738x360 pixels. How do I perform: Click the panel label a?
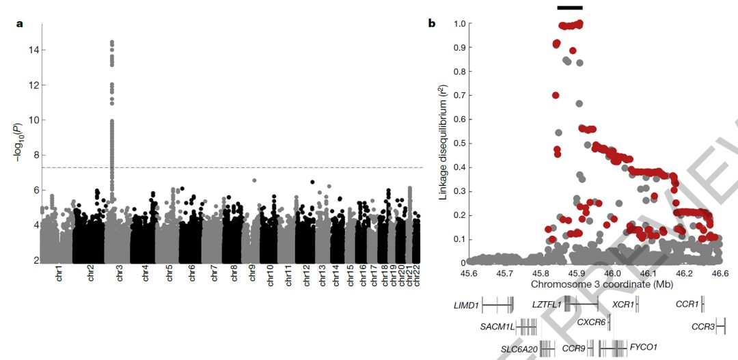click(x=20, y=24)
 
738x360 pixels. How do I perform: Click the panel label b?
click(x=431, y=24)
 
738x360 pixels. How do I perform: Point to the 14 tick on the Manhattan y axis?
click(x=33, y=50)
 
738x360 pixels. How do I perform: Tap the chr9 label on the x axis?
click(x=252, y=275)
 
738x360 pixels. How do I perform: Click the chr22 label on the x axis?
click(x=418, y=277)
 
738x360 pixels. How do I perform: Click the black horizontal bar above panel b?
click(x=570, y=8)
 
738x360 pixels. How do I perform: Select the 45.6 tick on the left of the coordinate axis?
click(x=468, y=273)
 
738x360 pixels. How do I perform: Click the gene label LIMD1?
click(x=465, y=305)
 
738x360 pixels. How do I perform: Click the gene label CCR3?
click(x=702, y=327)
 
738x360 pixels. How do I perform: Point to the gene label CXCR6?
click(x=591, y=322)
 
